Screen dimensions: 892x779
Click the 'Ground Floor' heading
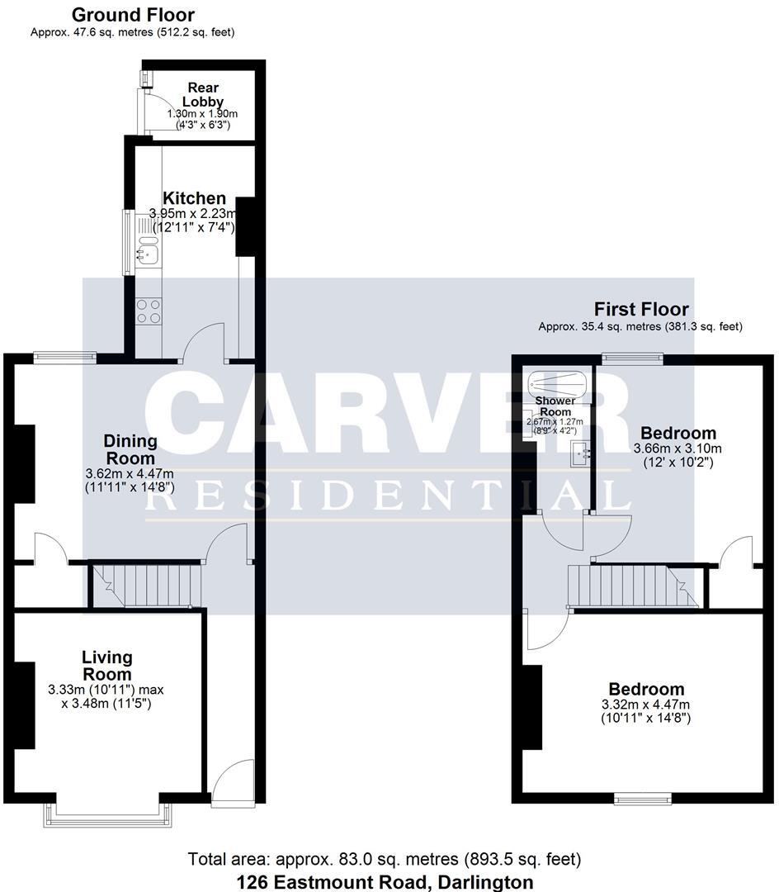[133, 15]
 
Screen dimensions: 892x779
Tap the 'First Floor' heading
[640, 310]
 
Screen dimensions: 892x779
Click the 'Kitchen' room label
[194, 198]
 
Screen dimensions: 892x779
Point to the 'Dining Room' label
[129, 449]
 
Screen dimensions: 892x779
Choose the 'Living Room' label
[106, 666]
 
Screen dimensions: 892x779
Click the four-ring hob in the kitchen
[149, 311]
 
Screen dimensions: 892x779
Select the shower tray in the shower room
[557, 383]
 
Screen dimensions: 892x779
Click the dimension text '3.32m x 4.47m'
[646, 705]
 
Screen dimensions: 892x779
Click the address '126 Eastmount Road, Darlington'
[385, 882]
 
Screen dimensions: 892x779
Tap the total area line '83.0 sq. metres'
[385, 859]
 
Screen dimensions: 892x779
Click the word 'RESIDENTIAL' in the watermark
[388, 496]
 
